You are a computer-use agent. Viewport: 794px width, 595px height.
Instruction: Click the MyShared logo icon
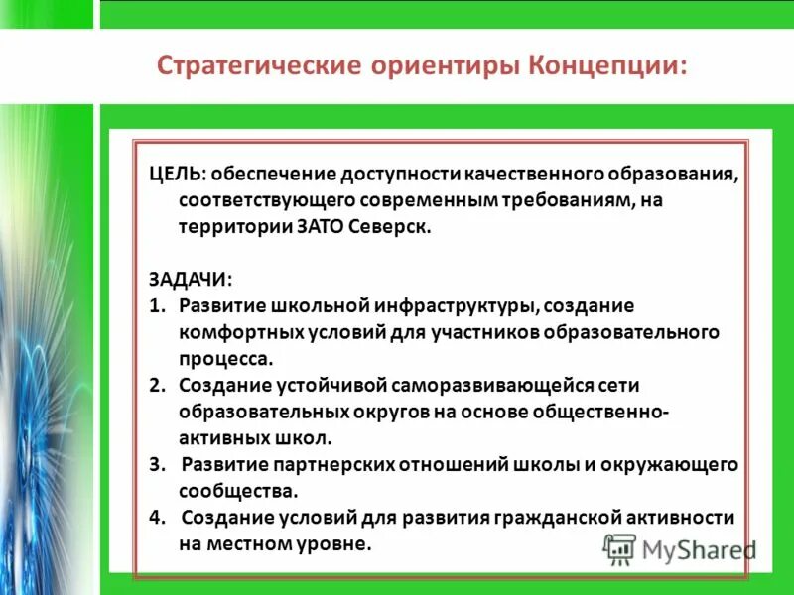pos(619,546)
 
